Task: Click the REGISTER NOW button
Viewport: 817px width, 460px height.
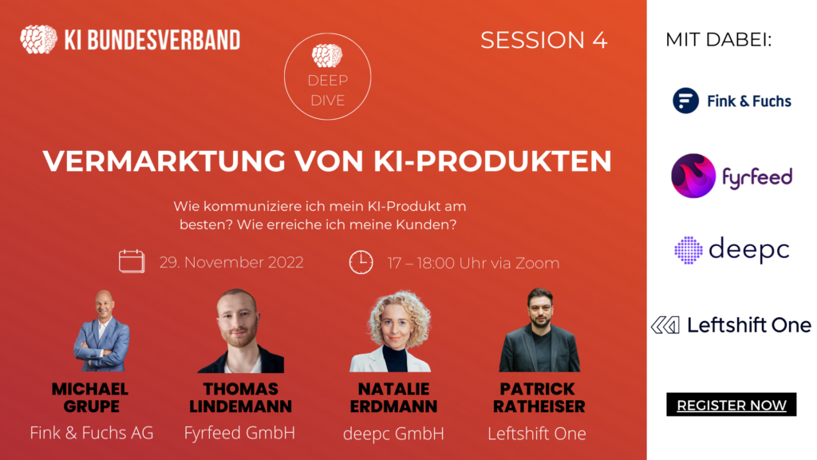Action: (731, 405)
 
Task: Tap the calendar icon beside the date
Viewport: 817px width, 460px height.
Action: (132, 261)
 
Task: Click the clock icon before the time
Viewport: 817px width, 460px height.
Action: (361, 262)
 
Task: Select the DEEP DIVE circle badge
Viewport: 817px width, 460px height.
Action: (327, 76)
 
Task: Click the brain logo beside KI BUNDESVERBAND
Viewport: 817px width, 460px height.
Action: (38, 39)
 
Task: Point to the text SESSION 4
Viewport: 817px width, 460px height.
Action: (544, 40)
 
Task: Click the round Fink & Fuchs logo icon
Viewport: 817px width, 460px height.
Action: (685, 100)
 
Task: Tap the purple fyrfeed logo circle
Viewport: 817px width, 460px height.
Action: (693, 176)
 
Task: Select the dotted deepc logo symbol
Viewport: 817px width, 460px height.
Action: (689, 250)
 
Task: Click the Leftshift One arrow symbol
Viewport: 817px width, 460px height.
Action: (665, 325)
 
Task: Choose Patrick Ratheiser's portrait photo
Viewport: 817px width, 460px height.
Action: (539, 330)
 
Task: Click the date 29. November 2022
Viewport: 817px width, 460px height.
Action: (231, 262)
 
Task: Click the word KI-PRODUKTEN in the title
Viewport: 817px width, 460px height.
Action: (492, 161)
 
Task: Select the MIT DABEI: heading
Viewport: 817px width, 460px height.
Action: (719, 40)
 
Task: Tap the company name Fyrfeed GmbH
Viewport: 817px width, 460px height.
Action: (239, 433)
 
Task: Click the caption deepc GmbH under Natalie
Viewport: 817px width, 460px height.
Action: (393, 434)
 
